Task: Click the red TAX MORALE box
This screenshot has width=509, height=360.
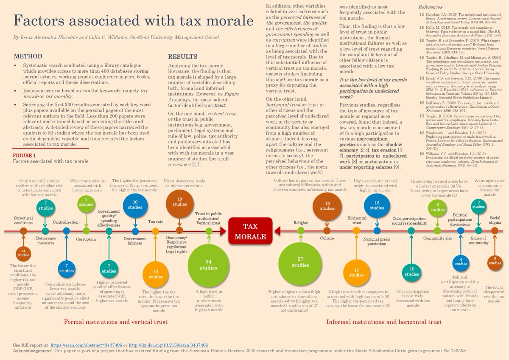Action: (250, 231)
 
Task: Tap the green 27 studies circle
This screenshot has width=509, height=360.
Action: (300, 262)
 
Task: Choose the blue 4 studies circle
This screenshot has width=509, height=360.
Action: (461, 263)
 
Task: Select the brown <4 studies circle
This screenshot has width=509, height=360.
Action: (23, 253)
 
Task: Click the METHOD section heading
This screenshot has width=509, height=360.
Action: (28, 56)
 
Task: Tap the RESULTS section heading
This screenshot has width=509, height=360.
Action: (183, 56)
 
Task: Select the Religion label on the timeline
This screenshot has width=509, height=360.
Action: (301, 222)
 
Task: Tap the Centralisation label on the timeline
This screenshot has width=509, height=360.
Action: (66, 222)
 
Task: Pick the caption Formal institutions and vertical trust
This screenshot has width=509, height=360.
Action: (115, 322)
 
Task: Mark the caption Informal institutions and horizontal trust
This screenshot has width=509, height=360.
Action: (384, 322)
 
